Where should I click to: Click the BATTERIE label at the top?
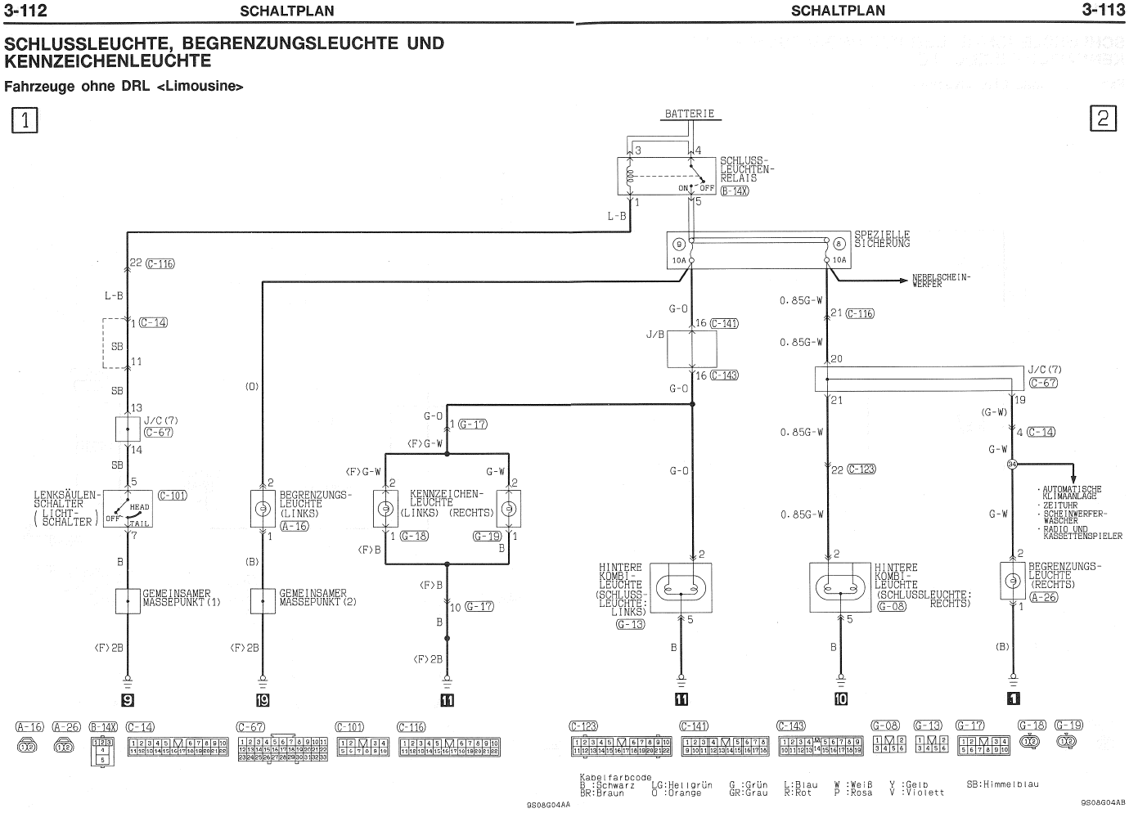tap(690, 114)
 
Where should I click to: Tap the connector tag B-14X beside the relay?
tap(734, 191)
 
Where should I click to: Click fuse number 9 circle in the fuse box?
tap(678, 244)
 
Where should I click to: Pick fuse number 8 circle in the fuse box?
tap(839, 244)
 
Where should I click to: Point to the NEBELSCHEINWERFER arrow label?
tap(941, 281)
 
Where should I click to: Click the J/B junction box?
tap(692, 349)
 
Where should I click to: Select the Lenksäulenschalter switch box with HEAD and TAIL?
tap(127, 509)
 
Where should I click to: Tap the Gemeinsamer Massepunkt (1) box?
tap(128, 601)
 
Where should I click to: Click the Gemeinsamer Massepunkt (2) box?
tap(263, 601)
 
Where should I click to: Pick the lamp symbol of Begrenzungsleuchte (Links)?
tap(263, 509)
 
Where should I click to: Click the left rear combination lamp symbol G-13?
tap(681, 587)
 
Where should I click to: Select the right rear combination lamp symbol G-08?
tap(840, 587)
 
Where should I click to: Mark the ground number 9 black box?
tap(128, 699)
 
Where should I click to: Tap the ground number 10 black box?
tap(840, 699)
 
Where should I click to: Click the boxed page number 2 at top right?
tap(1102, 119)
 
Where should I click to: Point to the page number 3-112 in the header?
tap(25, 11)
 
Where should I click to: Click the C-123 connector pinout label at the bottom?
tap(584, 726)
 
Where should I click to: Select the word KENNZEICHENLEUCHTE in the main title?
tap(108, 61)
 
